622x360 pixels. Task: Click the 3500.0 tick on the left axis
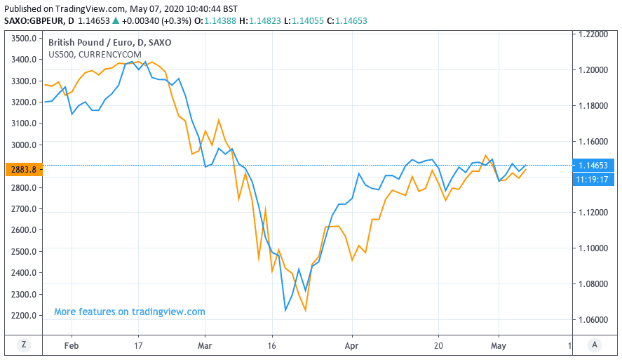tap(25, 38)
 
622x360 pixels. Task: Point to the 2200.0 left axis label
tap(25, 315)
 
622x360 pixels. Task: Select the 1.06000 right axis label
tap(593, 319)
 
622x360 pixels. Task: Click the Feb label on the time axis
tap(72, 345)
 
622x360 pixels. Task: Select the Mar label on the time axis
tap(205, 345)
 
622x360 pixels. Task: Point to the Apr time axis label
tap(352, 345)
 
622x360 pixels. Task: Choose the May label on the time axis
tap(499, 345)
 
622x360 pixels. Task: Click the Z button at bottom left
tap(23, 345)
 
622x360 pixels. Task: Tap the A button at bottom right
tap(594, 345)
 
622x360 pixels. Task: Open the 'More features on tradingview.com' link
tap(130, 312)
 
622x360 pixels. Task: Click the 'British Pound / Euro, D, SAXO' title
tap(109, 42)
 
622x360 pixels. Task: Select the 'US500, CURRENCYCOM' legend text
tap(95, 54)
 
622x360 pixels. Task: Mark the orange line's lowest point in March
tap(305, 310)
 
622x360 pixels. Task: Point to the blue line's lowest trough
tap(285, 310)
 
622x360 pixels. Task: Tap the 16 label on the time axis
tap(272, 345)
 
